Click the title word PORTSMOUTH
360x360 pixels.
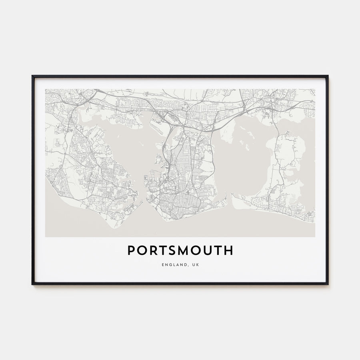180,251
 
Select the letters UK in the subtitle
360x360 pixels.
195,264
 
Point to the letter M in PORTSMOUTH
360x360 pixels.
184,251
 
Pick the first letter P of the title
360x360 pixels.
131,251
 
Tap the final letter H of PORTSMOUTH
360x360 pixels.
228,251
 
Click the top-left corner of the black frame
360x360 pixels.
32,76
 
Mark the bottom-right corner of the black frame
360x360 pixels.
328,284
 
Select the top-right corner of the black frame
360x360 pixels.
328,76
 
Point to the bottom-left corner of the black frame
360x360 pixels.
32,284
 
